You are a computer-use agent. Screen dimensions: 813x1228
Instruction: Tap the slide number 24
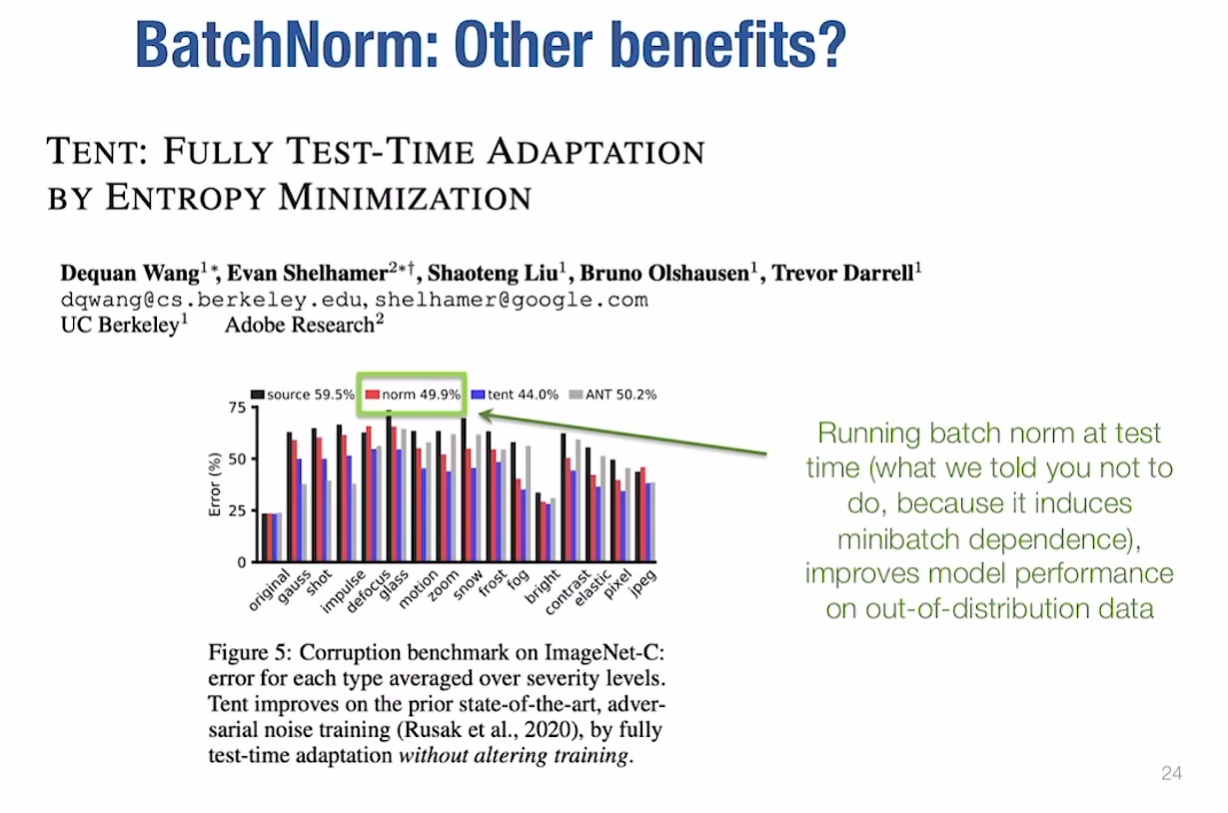[x=1171, y=773]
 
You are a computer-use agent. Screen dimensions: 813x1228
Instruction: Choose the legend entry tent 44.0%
[x=523, y=395]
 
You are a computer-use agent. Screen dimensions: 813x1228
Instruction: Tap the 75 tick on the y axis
[x=236, y=407]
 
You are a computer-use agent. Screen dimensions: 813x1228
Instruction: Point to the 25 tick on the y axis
[x=236, y=511]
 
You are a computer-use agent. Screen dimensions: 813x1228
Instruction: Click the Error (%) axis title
[x=214, y=485]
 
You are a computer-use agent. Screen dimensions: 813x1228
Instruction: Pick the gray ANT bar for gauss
[x=304, y=522]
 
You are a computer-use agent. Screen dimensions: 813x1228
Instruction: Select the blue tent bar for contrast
[x=573, y=516]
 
